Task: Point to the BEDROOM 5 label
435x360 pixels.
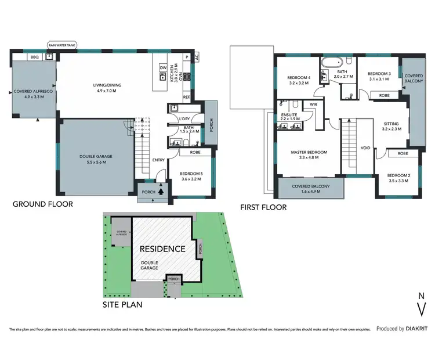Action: (x=190, y=176)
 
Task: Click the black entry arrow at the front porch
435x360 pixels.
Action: (x=161, y=188)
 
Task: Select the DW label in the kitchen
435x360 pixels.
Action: (x=164, y=68)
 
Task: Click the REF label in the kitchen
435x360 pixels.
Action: (x=187, y=97)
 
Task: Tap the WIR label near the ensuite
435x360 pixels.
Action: (x=313, y=104)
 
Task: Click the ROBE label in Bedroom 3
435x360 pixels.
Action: (x=384, y=95)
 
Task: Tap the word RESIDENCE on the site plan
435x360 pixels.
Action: (x=162, y=249)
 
